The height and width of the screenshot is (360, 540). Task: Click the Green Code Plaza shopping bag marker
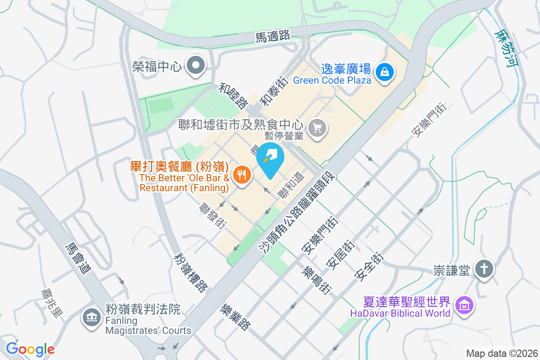point(385,71)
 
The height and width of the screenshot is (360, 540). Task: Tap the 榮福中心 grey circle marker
point(196,66)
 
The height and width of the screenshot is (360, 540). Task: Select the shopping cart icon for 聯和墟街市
point(318,128)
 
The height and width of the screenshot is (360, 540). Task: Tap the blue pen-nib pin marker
point(270,158)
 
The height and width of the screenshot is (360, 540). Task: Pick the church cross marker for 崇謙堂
point(484,269)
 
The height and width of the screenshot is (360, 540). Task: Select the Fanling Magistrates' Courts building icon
point(91,318)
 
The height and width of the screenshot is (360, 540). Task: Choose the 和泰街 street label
point(274,90)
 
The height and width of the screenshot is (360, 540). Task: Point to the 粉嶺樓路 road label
point(191,272)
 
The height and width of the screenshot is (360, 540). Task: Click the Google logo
point(30,349)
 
